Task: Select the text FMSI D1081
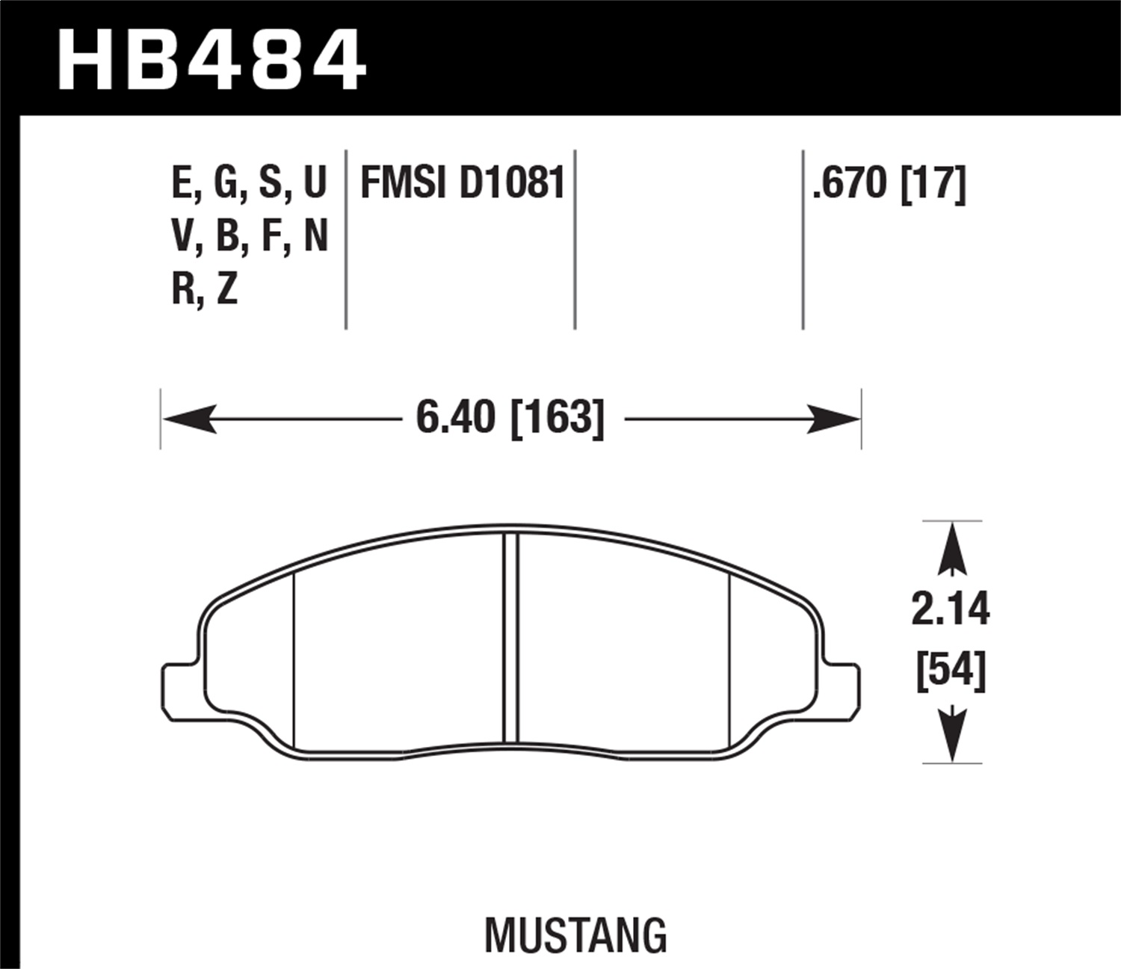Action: (463, 183)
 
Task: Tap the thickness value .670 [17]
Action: (889, 183)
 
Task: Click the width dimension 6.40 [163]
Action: (510, 417)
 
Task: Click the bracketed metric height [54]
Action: (951, 671)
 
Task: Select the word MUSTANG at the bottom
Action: (575, 935)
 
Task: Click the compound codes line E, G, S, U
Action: (250, 183)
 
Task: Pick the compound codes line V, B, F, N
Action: (250, 236)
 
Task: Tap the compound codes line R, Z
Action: (205, 289)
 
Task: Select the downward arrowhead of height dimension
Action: (951, 736)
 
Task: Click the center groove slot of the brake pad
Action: (510, 639)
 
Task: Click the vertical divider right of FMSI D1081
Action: (575, 239)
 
